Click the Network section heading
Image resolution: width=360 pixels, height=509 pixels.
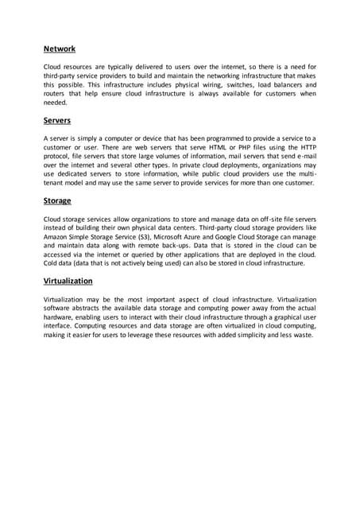pos(60,49)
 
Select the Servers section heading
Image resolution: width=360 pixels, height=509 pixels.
pos(57,121)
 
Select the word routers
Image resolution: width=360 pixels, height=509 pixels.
pos(56,93)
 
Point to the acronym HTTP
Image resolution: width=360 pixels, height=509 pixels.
pos(305,147)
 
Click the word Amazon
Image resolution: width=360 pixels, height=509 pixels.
pos(60,236)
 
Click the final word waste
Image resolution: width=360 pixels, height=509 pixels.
pos(303,334)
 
